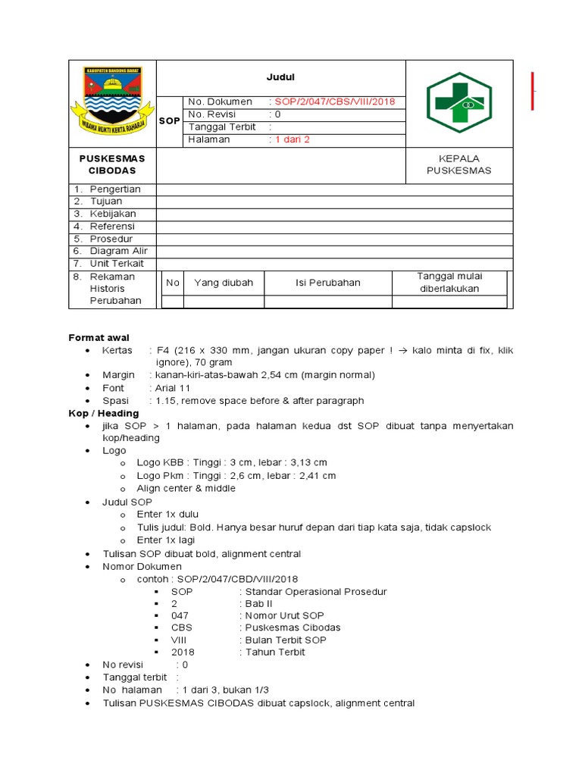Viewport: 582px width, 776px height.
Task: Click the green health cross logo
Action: (459, 102)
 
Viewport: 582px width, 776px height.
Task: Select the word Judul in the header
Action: (280, 77)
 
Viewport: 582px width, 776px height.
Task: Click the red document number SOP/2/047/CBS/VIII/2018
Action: (332, 102)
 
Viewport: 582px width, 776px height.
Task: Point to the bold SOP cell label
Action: (170, 121)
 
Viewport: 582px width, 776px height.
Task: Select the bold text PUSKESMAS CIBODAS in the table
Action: (112, 164)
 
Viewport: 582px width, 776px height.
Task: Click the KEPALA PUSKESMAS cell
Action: (459, 164)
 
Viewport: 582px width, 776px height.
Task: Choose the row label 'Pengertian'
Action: (115, 189)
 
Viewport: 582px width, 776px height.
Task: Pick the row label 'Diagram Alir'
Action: (118, 251)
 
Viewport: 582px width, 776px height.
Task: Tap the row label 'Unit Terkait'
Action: (117, 264)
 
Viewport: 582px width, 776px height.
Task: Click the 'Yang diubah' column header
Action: (224, 283)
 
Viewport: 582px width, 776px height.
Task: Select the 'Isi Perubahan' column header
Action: (327, 283)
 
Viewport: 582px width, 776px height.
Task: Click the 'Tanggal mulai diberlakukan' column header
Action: (449, 282)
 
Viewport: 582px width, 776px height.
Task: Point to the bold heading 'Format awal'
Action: (99, 337)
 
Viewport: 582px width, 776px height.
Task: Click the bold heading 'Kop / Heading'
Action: (104, 413)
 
